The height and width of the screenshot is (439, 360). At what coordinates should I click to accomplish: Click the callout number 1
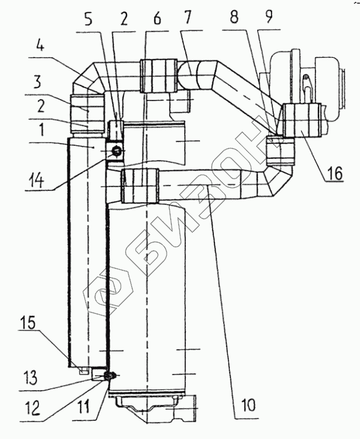[41, 130]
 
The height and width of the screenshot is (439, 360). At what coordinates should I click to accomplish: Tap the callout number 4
[40, 45]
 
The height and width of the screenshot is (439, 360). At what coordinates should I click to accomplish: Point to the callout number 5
[89, 19]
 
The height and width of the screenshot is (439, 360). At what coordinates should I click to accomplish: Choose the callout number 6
[157, 19]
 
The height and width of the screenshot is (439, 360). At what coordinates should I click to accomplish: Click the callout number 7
[187, 17]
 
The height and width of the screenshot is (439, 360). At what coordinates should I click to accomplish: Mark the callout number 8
[234, 17]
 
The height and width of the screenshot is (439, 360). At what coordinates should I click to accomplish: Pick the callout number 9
[268, 17]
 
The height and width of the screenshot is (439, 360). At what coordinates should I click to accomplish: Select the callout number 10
[248, 404]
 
